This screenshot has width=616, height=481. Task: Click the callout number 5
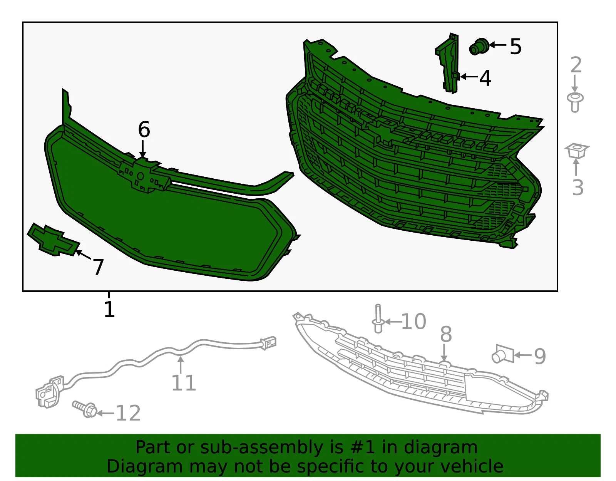516,47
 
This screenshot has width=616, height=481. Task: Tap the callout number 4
485,78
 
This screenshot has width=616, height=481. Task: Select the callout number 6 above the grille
144,129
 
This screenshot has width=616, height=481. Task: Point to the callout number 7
98,267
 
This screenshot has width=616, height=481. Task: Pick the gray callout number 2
576,65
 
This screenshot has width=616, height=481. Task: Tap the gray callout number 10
413,322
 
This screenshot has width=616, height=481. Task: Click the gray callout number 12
128,413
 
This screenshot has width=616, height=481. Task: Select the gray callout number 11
184,383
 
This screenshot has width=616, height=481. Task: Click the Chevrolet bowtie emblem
54,240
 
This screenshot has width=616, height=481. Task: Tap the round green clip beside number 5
479,47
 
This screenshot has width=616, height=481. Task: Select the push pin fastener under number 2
575,102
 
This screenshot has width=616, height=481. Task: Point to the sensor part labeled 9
503,354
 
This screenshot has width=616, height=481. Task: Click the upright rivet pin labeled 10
378,318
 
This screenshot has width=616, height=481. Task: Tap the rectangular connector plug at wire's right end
268,343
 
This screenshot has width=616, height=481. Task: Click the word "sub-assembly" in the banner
261,447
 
